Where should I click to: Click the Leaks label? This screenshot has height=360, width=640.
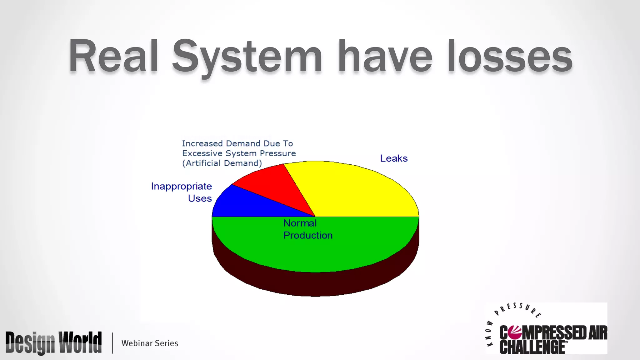tap(394, 158)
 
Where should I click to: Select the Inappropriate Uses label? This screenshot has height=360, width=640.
tap(182, 192)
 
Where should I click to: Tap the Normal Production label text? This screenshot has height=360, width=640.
tap(307, 229)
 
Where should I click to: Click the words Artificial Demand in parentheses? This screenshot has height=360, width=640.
tap(222, 163)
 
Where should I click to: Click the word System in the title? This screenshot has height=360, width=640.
tap(247, 56)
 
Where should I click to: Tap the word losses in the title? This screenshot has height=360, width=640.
tap(509, 56)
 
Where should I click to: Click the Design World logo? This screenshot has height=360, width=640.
tap(53, 343)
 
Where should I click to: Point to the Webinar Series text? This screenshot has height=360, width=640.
tap(150, 343)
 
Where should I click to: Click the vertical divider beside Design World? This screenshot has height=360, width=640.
tap(112, 343)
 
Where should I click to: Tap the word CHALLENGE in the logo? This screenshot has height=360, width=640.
tap(532, 347)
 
